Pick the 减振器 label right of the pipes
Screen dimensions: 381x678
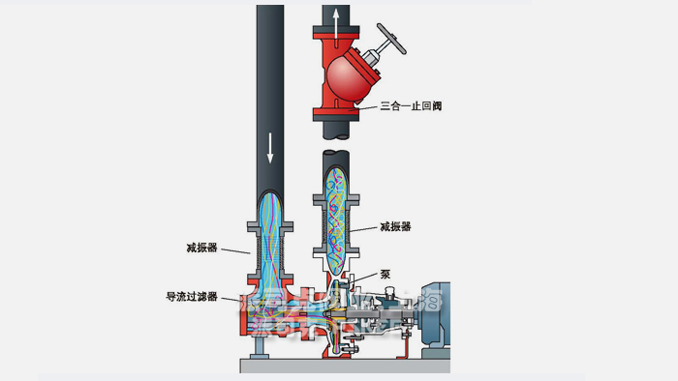click(x=396, y=227)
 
